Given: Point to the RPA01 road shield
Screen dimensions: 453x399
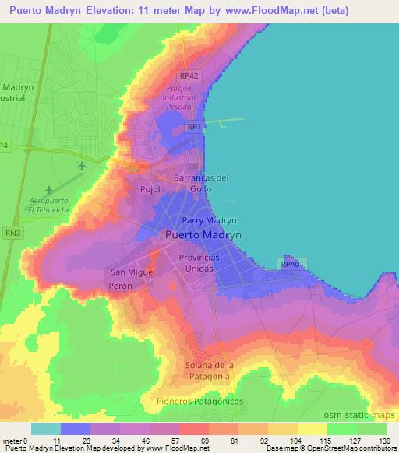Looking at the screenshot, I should tap(291, 265).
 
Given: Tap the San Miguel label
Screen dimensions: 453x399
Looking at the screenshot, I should tap(132, 272).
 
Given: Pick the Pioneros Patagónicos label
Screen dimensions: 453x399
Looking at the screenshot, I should tap(196, 400).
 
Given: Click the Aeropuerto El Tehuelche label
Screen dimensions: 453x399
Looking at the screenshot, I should tap(49, 205).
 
